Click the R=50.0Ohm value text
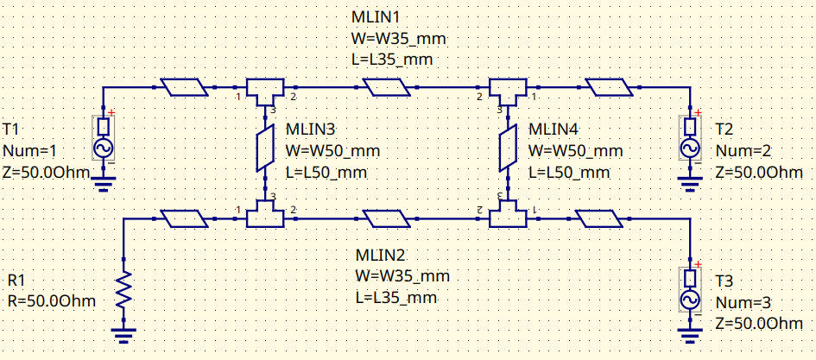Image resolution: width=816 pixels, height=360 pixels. (x=51, y=301)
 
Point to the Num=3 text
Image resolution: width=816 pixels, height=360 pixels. (x=745, y=301)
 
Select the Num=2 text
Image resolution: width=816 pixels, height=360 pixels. (x=745, y=150)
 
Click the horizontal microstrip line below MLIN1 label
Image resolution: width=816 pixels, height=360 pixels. (x=388, y=88)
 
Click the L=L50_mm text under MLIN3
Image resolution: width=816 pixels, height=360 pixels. (x=326, y=172)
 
